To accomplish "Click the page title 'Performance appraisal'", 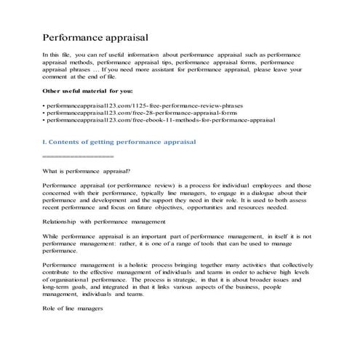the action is (x=96, y=36).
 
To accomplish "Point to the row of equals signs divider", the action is (x=78, y=156).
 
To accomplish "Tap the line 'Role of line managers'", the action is (x=72, y=308).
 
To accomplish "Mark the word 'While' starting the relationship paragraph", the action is (x=51, y=236).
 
